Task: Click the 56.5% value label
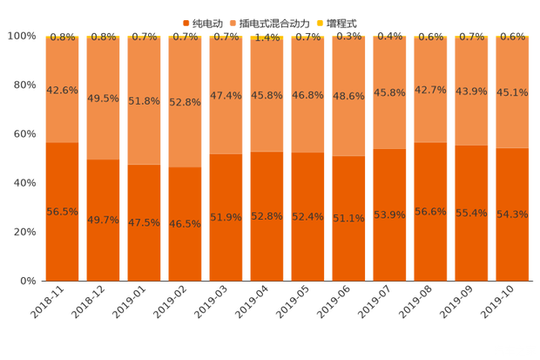click(x=62, y=212)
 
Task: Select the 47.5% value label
click(x=144, y=222)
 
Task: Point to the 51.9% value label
click(x=226, y=217)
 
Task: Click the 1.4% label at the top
click(x=267, y=37)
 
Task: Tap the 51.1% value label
click(x=348, y=218)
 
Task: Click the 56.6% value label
click(x=430, y=212)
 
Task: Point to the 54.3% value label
click(x=512, y=214)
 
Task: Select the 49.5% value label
click(x=103, y=98)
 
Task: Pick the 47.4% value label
click(x=226, y=95)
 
